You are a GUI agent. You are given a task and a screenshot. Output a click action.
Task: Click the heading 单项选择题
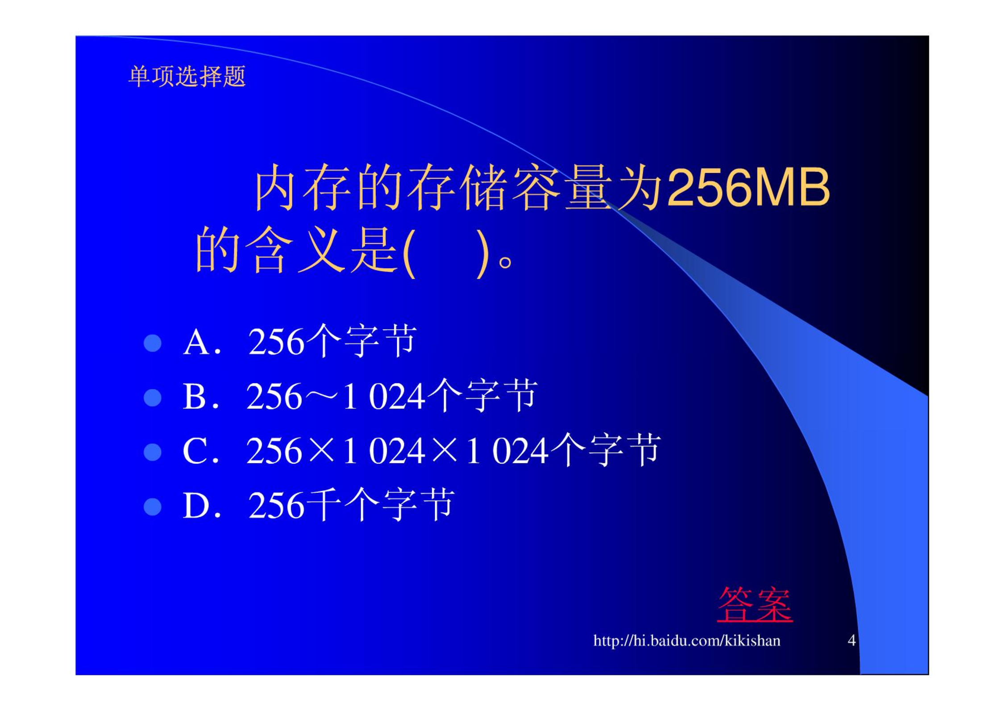[187, 77]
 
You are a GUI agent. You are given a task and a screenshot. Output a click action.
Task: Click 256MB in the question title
[748, 187]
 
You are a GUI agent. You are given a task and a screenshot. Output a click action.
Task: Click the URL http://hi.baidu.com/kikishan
[687, 641]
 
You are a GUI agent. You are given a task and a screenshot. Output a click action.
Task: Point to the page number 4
[851, 641]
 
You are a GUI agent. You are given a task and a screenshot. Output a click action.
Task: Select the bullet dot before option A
[153, 343]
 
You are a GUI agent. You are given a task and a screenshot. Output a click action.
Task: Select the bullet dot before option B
[153, 398]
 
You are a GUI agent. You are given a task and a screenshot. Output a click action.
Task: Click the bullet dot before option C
[153, 452]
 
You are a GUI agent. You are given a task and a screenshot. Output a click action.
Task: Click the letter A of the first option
[196, 343]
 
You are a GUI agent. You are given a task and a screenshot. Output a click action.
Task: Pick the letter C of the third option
[195, 451]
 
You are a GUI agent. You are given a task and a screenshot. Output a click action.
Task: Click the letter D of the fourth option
[196, 506]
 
